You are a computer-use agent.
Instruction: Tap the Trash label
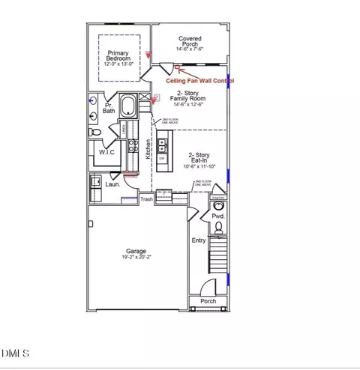point(147,199)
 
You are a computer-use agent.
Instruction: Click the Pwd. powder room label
point(218,216)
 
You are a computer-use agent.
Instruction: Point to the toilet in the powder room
point(218,204)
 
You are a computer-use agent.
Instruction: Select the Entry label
point(198,240)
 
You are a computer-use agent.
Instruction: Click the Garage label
point(136,252)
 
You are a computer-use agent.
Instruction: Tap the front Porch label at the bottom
point(208,302)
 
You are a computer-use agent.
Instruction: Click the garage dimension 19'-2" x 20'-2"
point(136,258)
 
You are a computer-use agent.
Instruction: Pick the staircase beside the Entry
point(217,255)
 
